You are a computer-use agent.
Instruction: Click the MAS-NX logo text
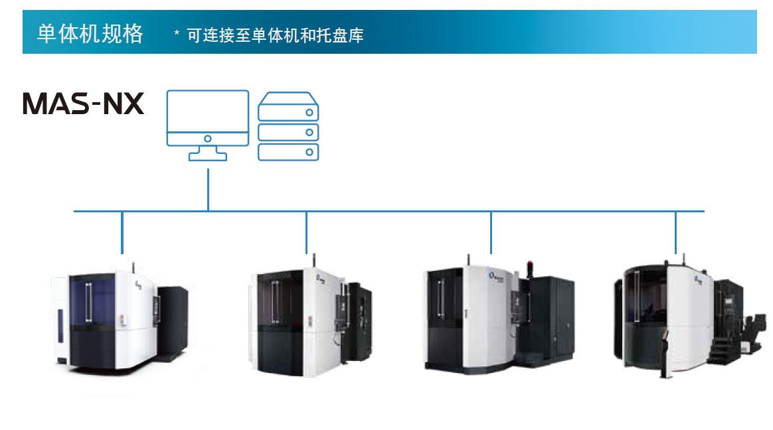click(x=84, y=104)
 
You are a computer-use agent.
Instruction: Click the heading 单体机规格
click(x=90, y=33)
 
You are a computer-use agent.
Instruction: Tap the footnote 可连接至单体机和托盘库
click(x=275, y=35)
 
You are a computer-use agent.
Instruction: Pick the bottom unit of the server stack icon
click(x=288, y=152)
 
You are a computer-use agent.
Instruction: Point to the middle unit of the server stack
click(x=288, y=131)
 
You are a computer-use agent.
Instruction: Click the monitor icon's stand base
click(x=208, y=157)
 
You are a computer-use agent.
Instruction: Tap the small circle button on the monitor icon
click(x=208, y=139)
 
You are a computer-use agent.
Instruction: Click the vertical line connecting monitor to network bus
click(x=208, y=190)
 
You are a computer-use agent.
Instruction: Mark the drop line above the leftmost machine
click(x=122, y=232)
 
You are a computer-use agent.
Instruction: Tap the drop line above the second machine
click(x=306, y=232)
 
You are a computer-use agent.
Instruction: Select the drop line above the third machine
click(x=491, y=232)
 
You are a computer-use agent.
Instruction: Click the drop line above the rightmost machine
click(x=675, y=232)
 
